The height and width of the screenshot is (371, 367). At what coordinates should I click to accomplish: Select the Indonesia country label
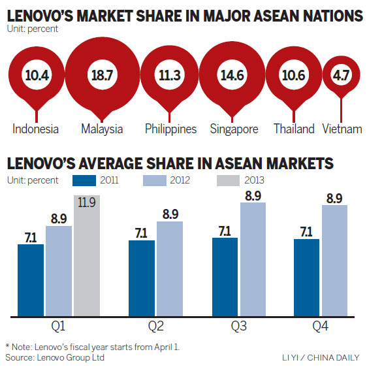point(35,129)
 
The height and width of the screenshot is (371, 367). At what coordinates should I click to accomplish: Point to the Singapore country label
point(234,129)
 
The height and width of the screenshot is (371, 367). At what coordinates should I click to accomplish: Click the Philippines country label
point(170,129)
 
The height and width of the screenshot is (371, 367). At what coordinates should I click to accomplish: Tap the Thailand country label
point(294,129)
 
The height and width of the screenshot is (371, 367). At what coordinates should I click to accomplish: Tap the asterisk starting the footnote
point(7,346)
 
